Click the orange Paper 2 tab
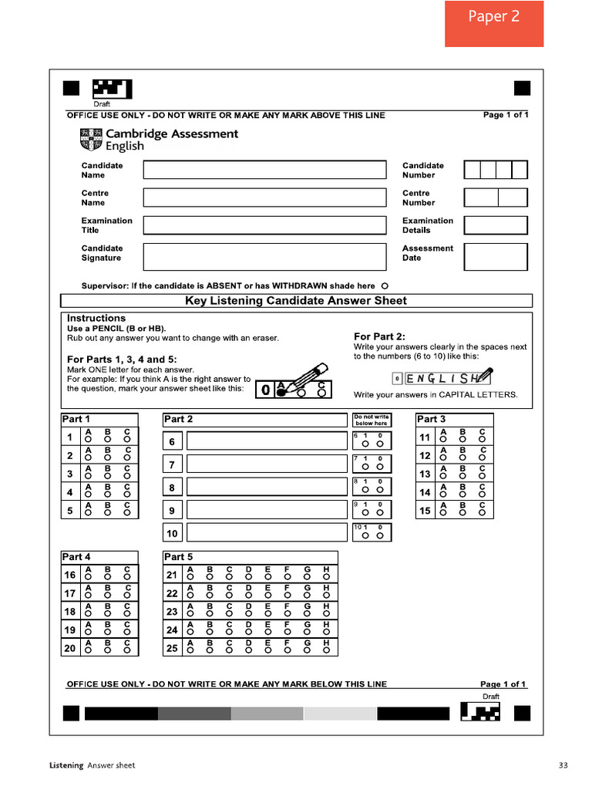493,24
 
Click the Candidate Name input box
264,170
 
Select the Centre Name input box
264,197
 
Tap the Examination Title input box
264,225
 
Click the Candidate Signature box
264,257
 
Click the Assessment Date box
496,257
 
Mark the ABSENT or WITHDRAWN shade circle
384,286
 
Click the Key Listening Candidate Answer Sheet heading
296,301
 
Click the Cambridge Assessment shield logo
90,140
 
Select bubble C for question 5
127,512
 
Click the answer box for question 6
267,441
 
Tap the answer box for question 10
267,533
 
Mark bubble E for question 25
267,650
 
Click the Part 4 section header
77,557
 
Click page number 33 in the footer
562,765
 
